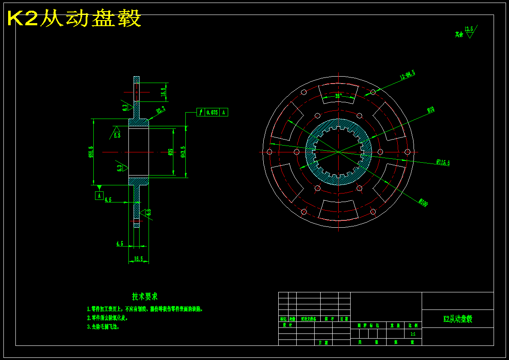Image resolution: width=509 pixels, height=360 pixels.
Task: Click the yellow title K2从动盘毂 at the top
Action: point(74,19)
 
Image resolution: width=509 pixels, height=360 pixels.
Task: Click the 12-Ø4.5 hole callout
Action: point(407,75)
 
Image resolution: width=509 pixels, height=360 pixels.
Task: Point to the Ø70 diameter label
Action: point(431,110)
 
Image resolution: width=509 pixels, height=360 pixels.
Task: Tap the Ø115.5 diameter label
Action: point(443,162)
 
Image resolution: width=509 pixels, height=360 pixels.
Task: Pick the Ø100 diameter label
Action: point(423,202)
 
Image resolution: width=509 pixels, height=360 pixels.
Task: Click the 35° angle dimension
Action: point(339,96)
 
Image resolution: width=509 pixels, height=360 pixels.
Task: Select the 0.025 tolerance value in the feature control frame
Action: point(212,112)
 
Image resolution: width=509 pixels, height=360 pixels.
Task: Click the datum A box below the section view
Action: point(99,196)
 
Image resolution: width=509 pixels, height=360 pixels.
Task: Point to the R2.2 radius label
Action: point(161,110)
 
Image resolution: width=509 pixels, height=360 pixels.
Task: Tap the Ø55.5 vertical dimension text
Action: point(91,152)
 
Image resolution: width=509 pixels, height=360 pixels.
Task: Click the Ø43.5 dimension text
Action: point(183,152)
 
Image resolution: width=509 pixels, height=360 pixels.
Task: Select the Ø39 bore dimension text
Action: point(171,152)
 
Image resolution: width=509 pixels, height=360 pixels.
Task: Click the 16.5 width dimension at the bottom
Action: point(139,259)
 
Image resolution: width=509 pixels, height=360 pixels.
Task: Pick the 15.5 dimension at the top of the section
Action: point(163,92)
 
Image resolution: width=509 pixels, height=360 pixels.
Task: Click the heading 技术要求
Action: point(145,296)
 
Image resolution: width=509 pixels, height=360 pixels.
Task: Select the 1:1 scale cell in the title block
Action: point(413,334)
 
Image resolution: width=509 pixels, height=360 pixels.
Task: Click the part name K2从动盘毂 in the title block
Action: point(458,319)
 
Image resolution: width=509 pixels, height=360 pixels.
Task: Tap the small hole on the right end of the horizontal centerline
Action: point(407,152)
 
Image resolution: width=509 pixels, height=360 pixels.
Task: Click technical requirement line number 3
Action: point(103,327)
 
